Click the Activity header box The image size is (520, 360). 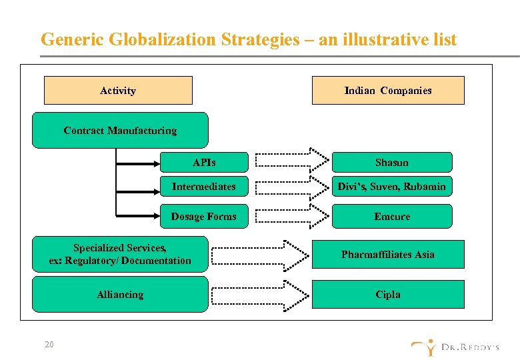118,91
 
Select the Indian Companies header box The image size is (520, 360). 388,91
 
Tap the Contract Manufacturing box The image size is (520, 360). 120,130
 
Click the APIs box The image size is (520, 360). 204,162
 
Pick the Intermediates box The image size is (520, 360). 204,187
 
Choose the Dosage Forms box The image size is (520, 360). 204,217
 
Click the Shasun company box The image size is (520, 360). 392,162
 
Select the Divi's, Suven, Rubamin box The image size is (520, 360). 392,187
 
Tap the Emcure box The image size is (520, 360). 392,217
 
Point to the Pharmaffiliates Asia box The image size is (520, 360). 388,254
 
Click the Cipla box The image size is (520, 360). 388,295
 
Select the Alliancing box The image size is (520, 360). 120,295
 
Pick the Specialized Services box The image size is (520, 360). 120,254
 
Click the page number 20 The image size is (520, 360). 49,345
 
